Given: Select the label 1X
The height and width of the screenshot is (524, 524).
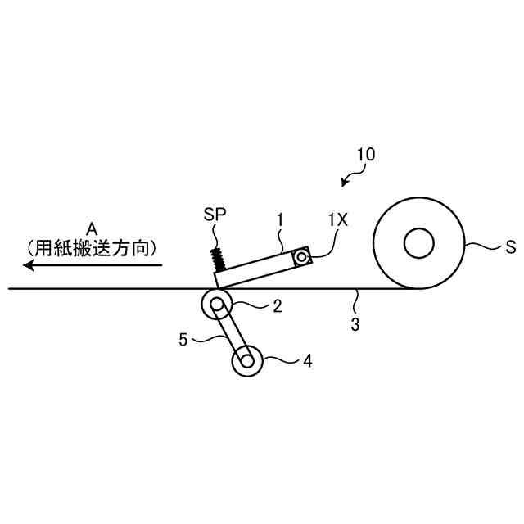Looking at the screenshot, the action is click(337, 219).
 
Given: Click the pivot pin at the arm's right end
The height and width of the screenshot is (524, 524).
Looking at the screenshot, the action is click(302, 258).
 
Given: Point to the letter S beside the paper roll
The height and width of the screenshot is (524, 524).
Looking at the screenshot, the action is click(510, 247).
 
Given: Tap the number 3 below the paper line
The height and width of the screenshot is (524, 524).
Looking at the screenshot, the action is click(355, 324).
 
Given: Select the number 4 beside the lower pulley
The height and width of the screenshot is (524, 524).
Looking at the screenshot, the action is click(307, 359).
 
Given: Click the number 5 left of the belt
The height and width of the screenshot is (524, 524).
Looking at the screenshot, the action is click(184, 337).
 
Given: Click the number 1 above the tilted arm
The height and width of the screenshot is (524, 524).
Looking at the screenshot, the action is click(280, 219).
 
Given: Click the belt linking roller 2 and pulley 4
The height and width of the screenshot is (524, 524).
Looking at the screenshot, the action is click(233, 333).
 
